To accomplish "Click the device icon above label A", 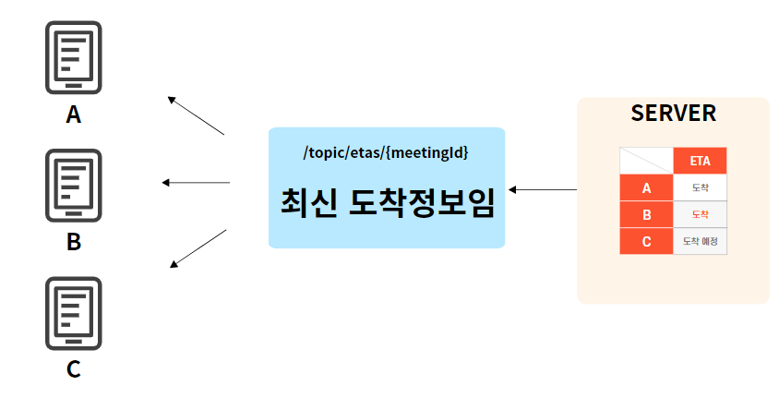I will [74, 57].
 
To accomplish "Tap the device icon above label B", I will [74, 185].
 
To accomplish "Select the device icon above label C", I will [74, 313].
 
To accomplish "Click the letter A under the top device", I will [74, 115].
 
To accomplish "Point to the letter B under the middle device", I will [74, 243].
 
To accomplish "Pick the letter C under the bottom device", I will [74, 369].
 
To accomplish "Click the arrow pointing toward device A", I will [196, 115].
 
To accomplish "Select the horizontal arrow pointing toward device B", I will [196, 183].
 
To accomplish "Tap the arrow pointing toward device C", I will [198, 248].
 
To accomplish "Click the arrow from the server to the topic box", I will [543, 189].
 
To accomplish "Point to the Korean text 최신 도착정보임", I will [387, 203].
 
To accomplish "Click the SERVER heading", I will [673, 114].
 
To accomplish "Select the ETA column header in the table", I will [700, 161].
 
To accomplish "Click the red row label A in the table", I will [646, 188].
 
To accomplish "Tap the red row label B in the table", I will [646, 215].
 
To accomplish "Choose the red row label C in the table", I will [646, 242].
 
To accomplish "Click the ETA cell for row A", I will [700, 188].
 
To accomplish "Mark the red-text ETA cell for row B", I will [700, 215].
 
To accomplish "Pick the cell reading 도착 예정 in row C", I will [700, 242].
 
